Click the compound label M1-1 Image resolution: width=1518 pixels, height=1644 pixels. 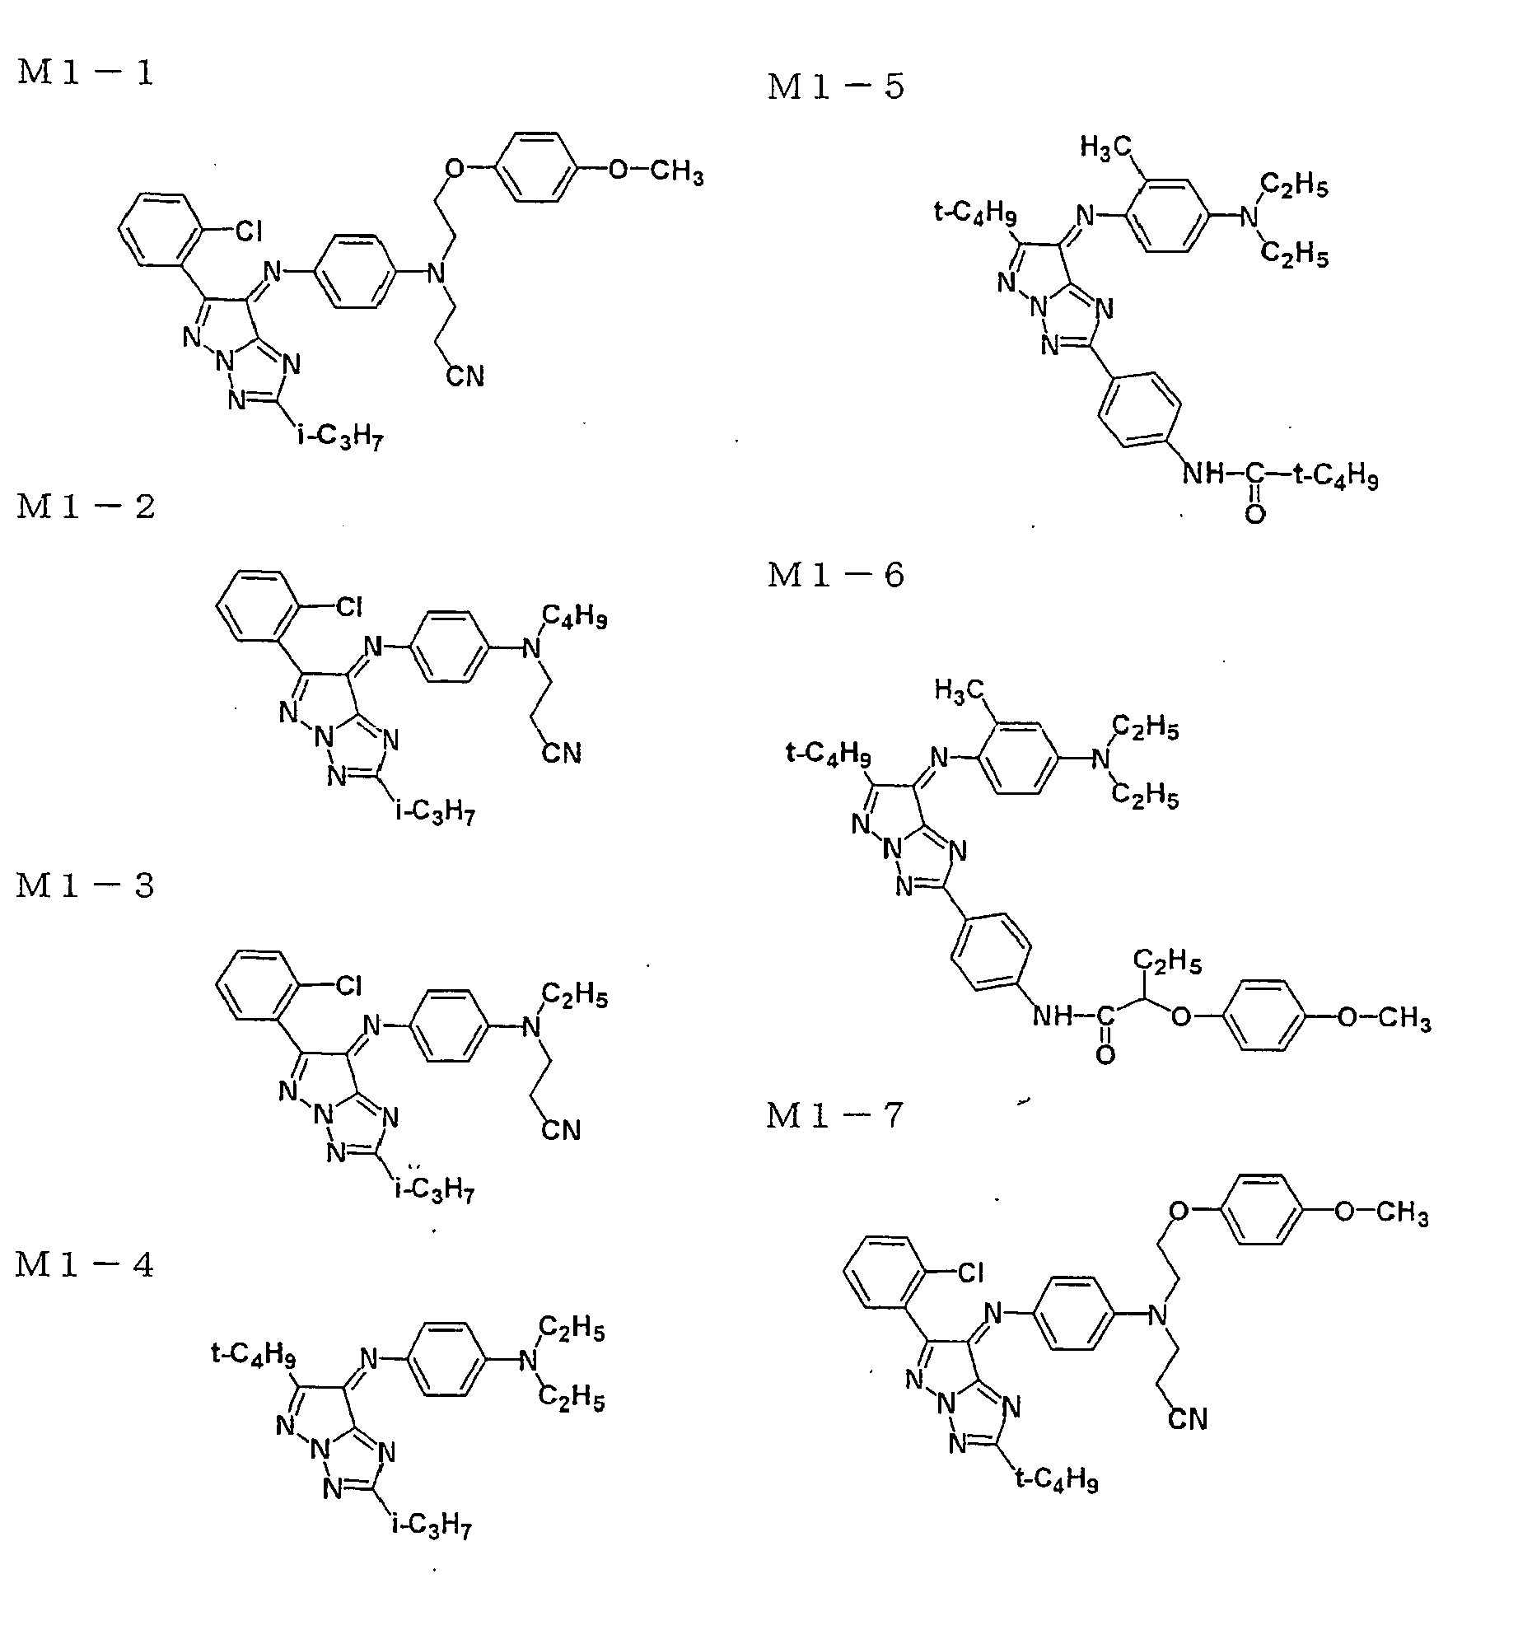tap(86, 72)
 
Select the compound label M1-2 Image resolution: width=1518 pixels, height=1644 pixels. tap(86, 506)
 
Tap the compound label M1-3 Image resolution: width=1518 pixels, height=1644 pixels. tap(86, 885)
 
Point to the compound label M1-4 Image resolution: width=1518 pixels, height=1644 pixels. tap(85, 1264)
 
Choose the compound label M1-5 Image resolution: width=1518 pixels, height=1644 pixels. tap(836, 86)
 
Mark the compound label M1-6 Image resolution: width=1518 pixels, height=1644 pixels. tap(836, 574)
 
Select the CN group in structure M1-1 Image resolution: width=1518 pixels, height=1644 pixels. tap(465, 376)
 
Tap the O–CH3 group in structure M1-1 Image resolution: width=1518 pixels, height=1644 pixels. tap(656, 172)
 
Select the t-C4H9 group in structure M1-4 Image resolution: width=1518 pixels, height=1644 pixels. tap(254, 1355)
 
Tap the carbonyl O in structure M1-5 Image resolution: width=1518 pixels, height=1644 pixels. tap(1255, 514)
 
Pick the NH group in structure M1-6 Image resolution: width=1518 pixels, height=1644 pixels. tap(1053, 1016)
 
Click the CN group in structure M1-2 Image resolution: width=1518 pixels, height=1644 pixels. tap(562, 753)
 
